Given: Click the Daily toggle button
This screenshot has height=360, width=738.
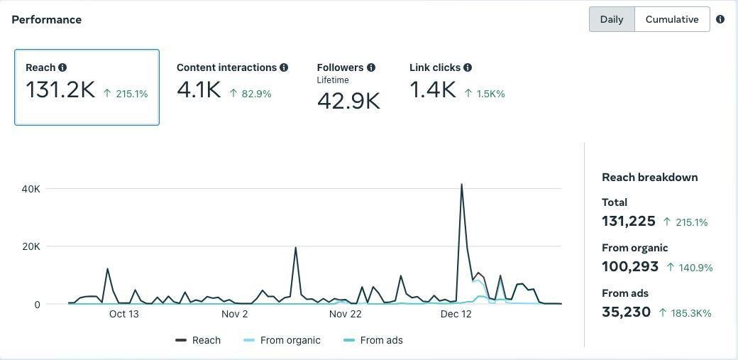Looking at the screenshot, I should (611, 19).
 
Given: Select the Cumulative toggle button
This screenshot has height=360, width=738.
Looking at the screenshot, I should (671, 19).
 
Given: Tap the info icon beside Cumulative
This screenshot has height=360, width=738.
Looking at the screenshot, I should (720, 19).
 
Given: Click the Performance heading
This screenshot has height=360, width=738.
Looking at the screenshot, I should (46, 19).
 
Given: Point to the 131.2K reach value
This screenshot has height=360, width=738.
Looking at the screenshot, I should (60, 90).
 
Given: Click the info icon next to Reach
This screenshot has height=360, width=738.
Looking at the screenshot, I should (62, 67).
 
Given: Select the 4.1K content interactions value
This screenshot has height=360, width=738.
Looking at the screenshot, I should (199, 90).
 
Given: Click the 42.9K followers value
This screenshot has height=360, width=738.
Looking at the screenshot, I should (348, 101).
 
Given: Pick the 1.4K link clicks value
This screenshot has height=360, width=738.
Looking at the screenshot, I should (432, 90).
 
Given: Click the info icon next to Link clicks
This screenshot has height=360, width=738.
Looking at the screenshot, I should (468, 67).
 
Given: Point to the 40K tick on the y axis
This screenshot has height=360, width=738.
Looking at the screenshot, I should (31, 189).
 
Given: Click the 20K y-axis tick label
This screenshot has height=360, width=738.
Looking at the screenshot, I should (31, 246).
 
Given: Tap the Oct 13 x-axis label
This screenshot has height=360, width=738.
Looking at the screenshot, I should (124, 314).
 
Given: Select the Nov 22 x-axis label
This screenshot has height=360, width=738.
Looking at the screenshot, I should (346, 314).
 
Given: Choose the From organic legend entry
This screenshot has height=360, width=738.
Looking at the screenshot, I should (290, 340).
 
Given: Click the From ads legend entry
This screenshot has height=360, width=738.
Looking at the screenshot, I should (381, 340).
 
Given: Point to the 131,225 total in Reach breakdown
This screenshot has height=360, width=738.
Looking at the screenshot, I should (628, 221).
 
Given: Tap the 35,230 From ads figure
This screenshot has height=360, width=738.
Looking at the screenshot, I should (626, 312).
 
